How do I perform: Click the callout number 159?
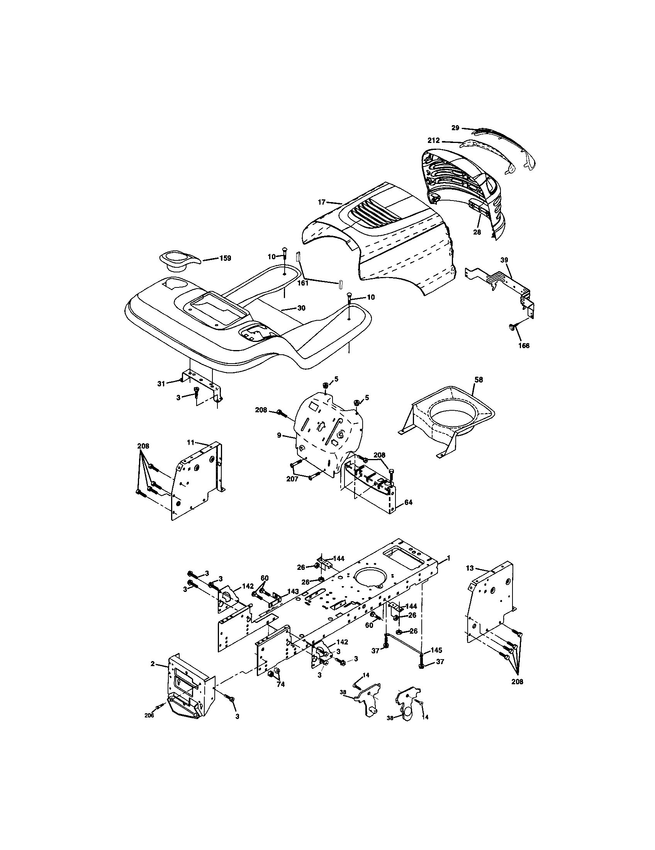click(225, 258)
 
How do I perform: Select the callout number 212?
click(433, 141)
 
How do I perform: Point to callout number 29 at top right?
click(455, 127)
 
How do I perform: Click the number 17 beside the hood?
click(321, 202)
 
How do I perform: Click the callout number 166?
click(524, 345)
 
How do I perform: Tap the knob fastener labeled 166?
click(512, 328)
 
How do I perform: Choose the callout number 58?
click(478, 379)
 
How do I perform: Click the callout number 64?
click(408, 502)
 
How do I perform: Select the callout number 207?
click(292, 479)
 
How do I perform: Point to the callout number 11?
click(190, 442)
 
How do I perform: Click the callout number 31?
click(161, 383)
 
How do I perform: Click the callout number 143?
click(292, 602)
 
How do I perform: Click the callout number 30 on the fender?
click(301, 308)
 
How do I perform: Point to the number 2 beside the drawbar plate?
click(153, 663)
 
